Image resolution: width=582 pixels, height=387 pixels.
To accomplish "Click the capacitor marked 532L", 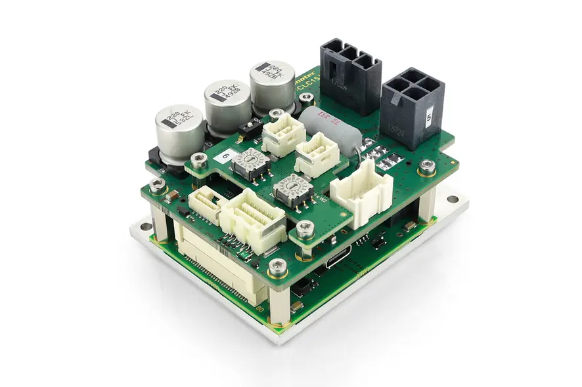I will click(179, 129).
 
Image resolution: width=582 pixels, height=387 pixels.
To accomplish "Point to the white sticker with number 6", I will click(225, 155).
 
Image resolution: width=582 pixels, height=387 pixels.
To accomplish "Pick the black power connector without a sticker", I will click(350, 73).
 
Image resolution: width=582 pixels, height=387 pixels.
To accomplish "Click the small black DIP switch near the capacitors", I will click(249, 127).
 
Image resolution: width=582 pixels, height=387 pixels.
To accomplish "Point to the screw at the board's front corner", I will click(278, 266).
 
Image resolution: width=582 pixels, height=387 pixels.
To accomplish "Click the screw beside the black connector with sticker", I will click(426, 166).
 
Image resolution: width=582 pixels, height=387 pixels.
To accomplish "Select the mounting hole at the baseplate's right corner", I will click(453, 198).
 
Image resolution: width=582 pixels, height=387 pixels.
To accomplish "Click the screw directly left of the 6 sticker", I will click(198, 159).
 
